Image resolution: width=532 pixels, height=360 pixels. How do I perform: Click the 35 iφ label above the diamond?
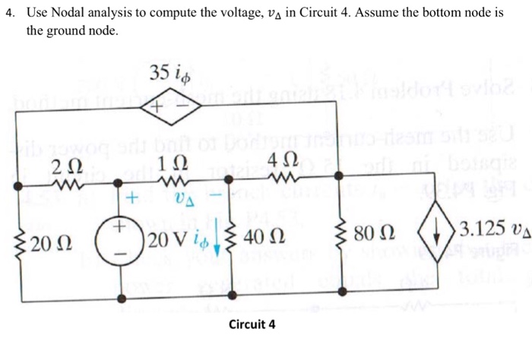click(170, 74)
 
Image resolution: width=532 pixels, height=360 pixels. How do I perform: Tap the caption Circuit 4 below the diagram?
click(252, 325)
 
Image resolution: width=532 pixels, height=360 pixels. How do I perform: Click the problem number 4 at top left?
click(8, 14)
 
